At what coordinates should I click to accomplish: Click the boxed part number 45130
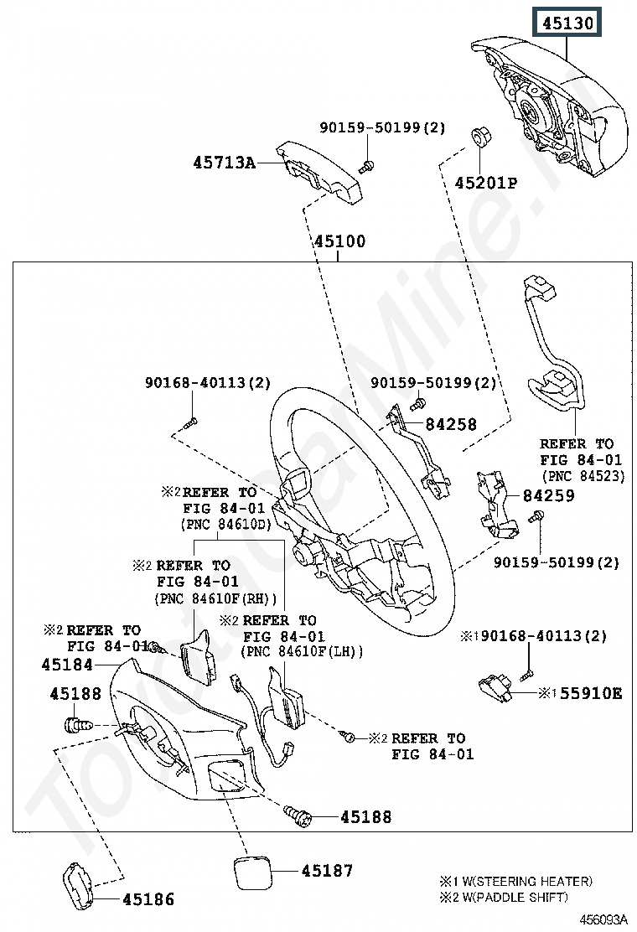tap(567, 23)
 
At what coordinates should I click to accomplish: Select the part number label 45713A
tap(224, 163)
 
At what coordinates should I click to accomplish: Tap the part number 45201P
tap(485, 183)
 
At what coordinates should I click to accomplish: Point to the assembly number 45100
tap(340, 241)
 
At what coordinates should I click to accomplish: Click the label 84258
tap(451, 424)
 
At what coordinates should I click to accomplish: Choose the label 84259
tap(548, 495)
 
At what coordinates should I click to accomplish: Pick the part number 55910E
tap(591, 693)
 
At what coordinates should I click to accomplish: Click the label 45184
tap(67, 665)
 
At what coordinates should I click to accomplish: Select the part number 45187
tap(328, 871)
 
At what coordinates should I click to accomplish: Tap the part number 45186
tap(148, 900)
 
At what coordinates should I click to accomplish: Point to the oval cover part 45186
tap(78, 886)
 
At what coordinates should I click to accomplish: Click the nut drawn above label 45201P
tap(479, 136)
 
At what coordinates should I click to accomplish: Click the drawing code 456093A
tap(603, 919)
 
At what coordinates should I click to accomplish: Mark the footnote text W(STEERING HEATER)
tap(524, 881)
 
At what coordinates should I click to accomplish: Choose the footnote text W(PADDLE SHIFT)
tap(511, 897)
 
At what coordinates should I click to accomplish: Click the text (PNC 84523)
tap(583, 476)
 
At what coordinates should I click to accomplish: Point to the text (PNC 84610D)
tap(225, 525)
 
